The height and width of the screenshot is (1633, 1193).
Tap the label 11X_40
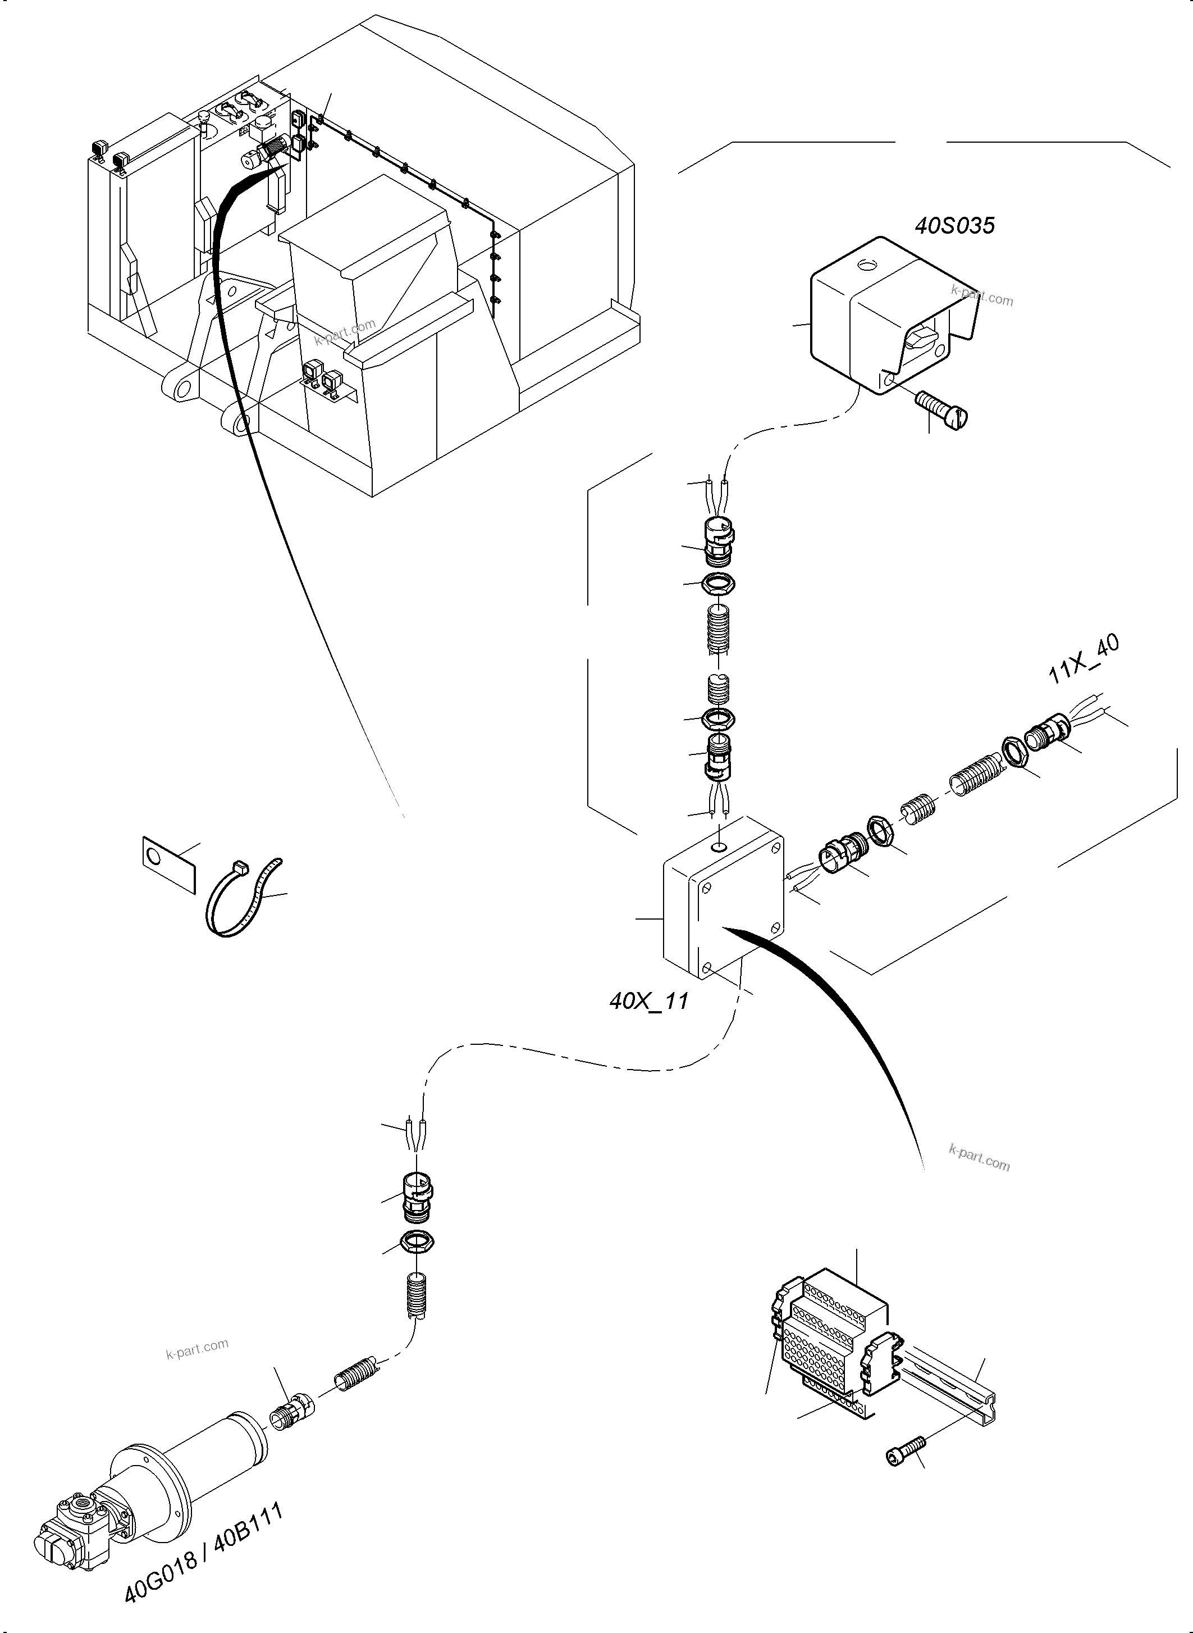pyautogui.click(x=1082, y=659)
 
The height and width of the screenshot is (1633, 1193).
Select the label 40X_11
pyautogui.click(x=648, y=1002)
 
